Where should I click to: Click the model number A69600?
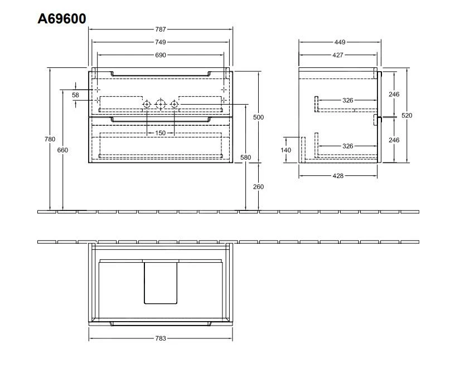click(61, 18)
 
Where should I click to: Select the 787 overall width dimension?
click(161, 29)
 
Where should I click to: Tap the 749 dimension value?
click(161, 42)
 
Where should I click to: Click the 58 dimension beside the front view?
click(76, 95)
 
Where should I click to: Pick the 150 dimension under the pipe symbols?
click(161, 133)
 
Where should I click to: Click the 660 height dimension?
click(62, 150)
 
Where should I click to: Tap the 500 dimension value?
click(258, 117)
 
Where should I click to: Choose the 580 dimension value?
click(246, 158)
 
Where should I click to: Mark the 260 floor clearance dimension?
click(258, 186)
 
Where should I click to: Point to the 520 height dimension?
click(407, 116)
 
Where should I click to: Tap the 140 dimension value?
click(287, 150)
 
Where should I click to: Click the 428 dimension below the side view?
click(338, 175)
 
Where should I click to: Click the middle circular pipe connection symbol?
click(161, 104)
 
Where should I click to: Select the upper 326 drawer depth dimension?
click(348, 100)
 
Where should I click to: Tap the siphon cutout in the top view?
click(161, 282)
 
